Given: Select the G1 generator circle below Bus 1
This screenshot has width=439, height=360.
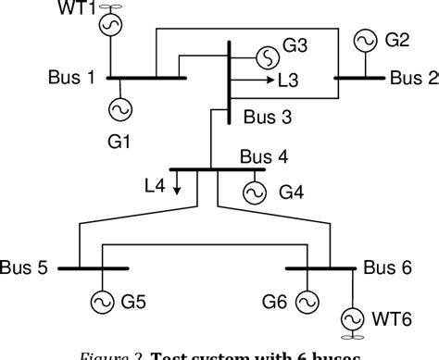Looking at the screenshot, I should point(119,108).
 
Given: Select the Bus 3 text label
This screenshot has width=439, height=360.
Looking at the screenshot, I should point(266,118).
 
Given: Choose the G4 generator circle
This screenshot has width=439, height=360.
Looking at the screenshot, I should point(253,192).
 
